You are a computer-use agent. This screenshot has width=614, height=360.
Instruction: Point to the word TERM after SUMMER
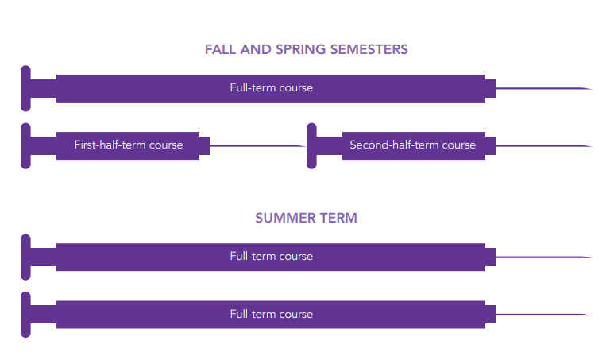click(x=339, y=218)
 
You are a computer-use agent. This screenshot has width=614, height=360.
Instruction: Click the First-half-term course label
click(x=129, y=145)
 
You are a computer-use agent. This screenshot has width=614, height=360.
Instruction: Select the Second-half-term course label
click(x=412, y=145)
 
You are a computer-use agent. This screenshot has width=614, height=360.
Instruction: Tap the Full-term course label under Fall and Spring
click(x=272, y=88)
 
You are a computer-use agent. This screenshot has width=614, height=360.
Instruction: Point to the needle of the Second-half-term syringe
click(x=544, y=146)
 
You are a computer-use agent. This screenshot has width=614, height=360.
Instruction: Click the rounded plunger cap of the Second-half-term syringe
click(x=311, y=145)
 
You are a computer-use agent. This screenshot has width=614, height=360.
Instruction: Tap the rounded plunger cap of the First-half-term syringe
click(x=25, y=145)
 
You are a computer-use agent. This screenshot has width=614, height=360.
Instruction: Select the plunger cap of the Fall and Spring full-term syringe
click(x=25, y=88)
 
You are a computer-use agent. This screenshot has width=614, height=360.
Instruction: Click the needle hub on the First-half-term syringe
click(x=205, y=145)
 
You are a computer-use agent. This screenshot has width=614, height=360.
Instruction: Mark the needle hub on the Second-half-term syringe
click(x=491, y=145)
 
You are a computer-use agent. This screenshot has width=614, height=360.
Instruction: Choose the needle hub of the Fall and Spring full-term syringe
click(x=491, y=88)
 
